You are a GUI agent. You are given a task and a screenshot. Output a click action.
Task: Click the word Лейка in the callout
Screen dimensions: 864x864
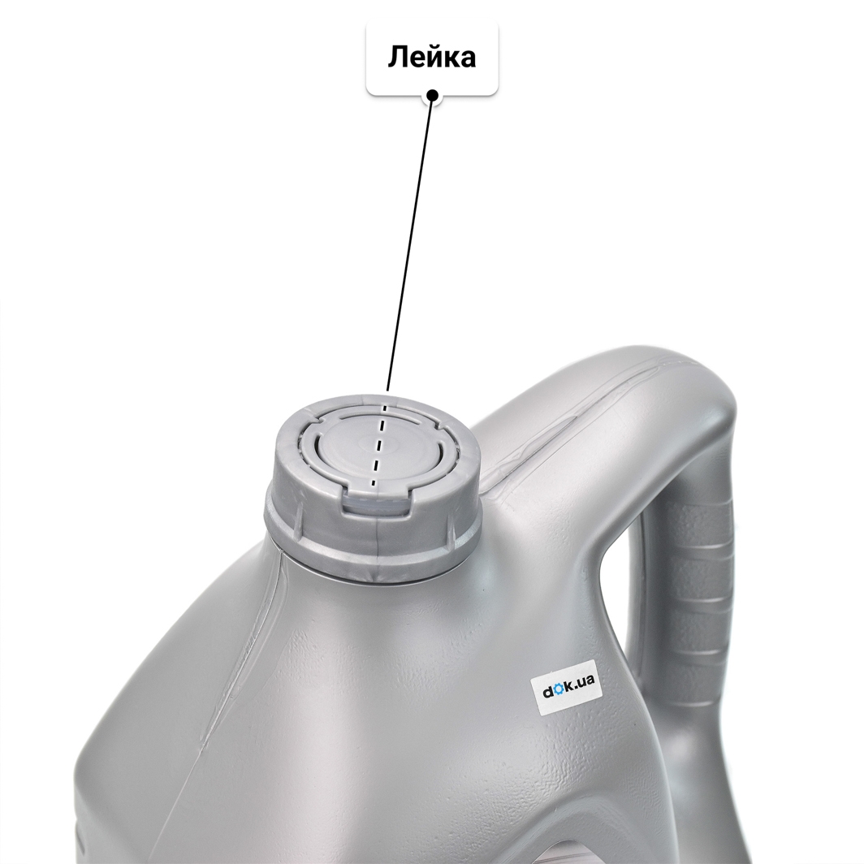tap(432, 58)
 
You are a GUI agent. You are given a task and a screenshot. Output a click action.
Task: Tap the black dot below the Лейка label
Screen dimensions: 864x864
tap(433, 95)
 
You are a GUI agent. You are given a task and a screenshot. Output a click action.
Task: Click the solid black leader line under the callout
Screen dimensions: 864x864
tap(411, 243)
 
